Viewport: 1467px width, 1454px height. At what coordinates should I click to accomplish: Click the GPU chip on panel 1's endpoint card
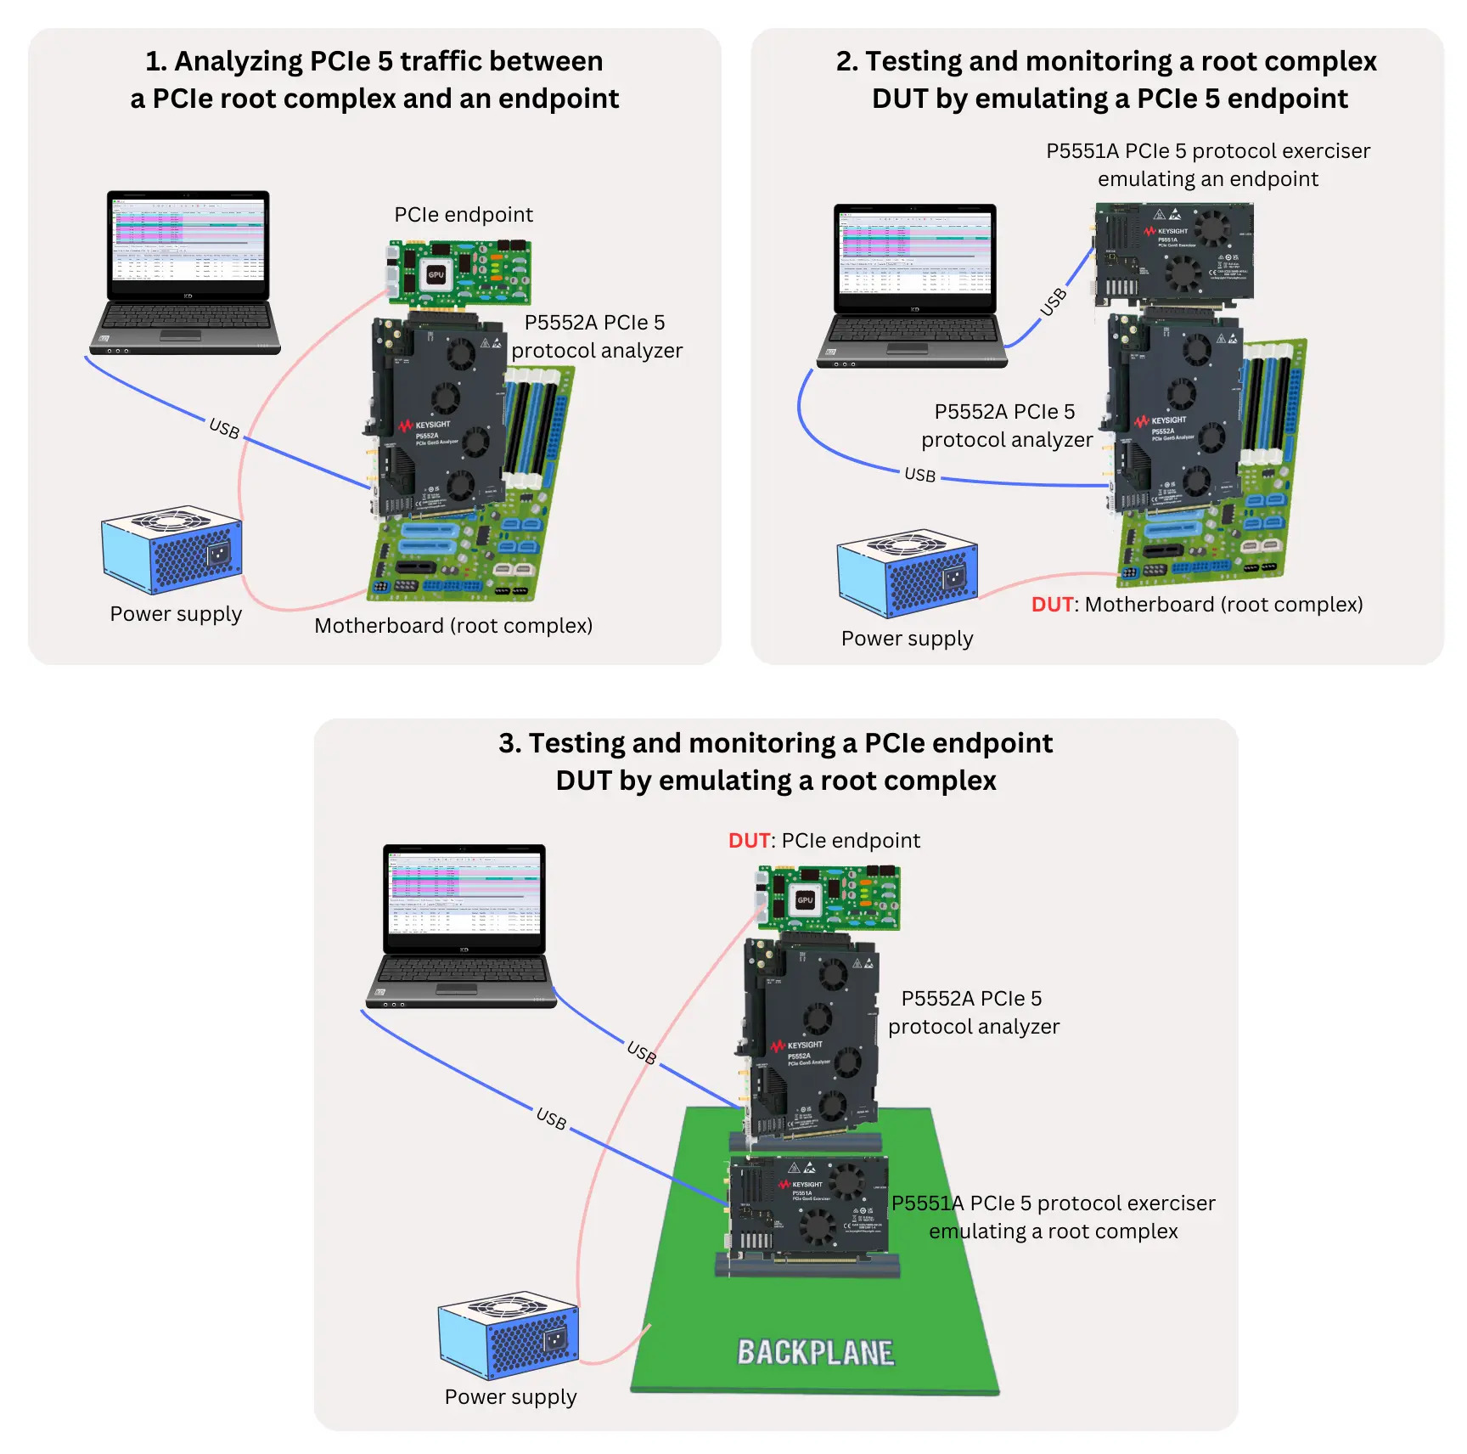pyautogui.click(x=436, y=274)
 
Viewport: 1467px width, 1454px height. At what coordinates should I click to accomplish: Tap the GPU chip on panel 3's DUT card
pyautogui.click(x=804, y=899)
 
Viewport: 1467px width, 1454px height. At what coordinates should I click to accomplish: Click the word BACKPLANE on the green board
pyautogui.click(x=815, y=1352)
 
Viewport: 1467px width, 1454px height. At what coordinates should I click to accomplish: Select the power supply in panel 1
pyautogui.click(x=171, y=550)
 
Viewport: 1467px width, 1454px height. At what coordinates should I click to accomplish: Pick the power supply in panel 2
pyautogui.click(x=907, y=573)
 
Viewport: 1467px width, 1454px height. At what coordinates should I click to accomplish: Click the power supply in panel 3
pyautogui.click(x=508, y=1337)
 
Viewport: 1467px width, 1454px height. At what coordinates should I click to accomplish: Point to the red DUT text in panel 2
pyautogui.click(x=1052, y=605)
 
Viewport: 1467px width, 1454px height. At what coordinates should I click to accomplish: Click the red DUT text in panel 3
pyautogui.click(x=749, y=841)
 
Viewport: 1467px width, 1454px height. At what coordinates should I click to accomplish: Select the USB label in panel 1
pyautogui.click(x=224, y=428)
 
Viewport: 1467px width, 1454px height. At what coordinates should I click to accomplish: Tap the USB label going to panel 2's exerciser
pyautogui.click(x=1053, y=302)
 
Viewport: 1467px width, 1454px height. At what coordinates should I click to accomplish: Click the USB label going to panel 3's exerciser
pyautogui.click(x=551, y=1119)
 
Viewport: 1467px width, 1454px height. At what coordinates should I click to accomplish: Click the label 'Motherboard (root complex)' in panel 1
pyautogui.click(x=453, y=626)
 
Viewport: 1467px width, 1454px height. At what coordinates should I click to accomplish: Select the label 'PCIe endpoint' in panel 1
pyautogui.click(x=464, y=215)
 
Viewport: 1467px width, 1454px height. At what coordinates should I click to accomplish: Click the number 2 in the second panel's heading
pyautogui.click(x=844, y=62)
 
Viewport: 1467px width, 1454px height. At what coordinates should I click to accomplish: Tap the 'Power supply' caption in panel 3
pyautogui.click(x=510, y=1397)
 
